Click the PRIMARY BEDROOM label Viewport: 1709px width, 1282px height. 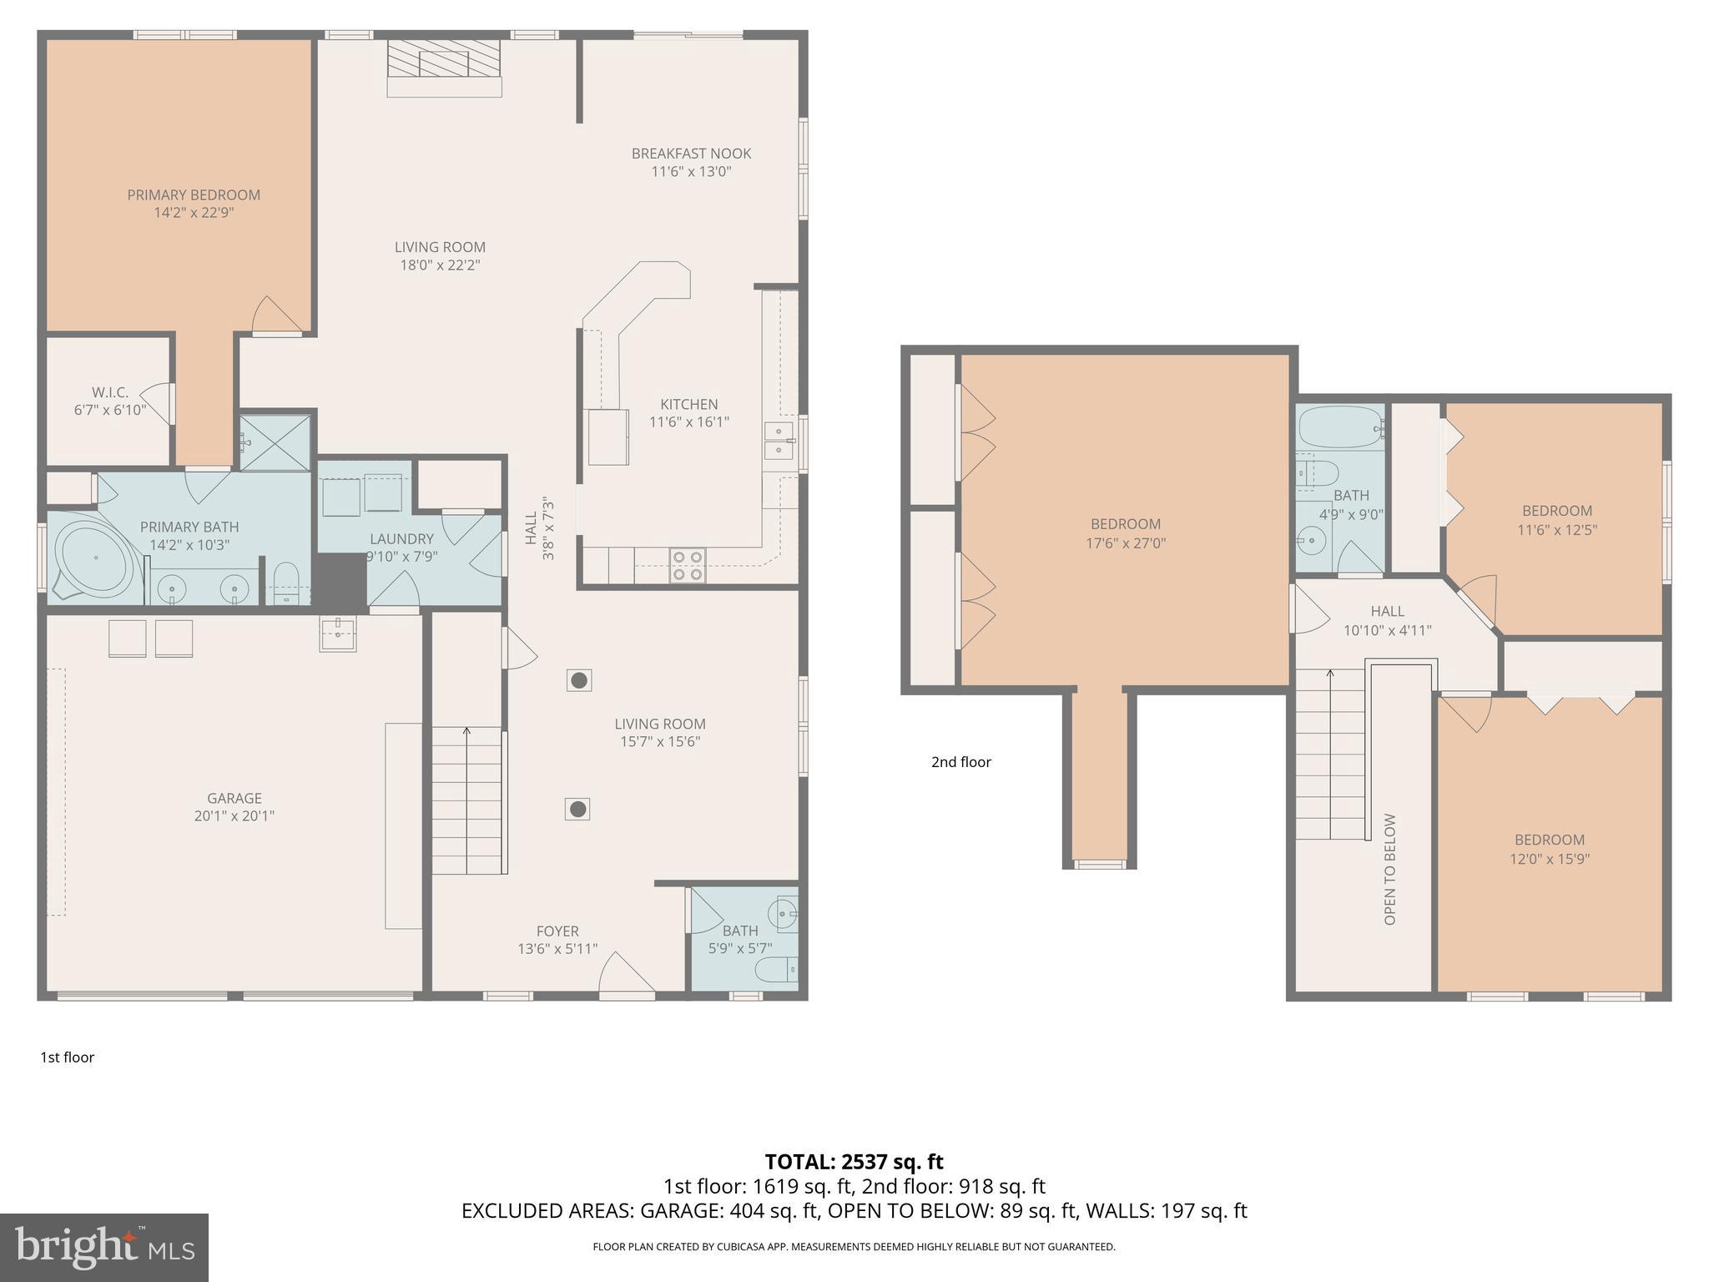click(194, 194)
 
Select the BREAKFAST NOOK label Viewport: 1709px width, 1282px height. click(691, 154)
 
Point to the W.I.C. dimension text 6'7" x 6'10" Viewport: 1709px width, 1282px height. click(109, 411)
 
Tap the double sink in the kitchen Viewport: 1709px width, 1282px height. click(779, 441)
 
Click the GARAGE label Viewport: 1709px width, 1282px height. click(234, 798)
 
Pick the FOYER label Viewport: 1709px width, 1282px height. click(557, 931)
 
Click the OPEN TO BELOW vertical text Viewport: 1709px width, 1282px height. click(1389, 869)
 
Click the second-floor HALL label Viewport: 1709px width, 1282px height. click(1387, 611)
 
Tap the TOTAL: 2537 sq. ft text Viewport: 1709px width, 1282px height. click(854, 1162)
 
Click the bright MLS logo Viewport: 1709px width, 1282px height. click(104, 1247)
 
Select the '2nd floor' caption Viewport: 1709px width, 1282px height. click(960, 762)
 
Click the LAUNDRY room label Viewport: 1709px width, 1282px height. click(401, 539)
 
